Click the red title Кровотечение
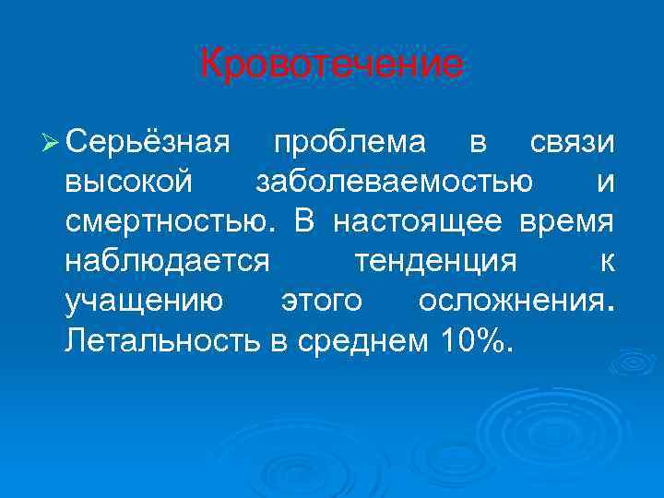332,64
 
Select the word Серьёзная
147,144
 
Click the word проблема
350,144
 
